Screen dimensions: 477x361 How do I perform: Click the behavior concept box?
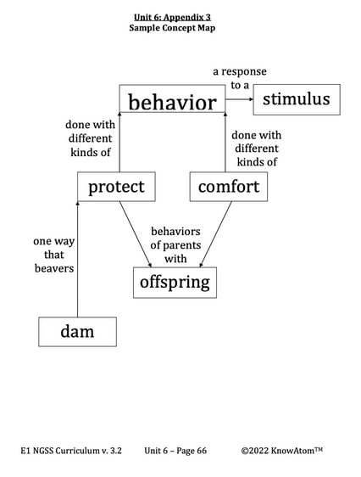click(172, 102)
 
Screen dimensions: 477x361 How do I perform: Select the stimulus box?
click(296, 99)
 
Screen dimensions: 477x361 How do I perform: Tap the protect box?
click(116, 186)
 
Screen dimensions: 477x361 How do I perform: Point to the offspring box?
click(175, 282)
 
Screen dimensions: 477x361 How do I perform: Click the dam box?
click(77, 331)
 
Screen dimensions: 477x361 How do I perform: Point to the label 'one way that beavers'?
click(54, 255)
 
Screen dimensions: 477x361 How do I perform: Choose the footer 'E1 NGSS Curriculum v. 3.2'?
click(71, 451)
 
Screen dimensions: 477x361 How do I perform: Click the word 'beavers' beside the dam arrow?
click(54, 268)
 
